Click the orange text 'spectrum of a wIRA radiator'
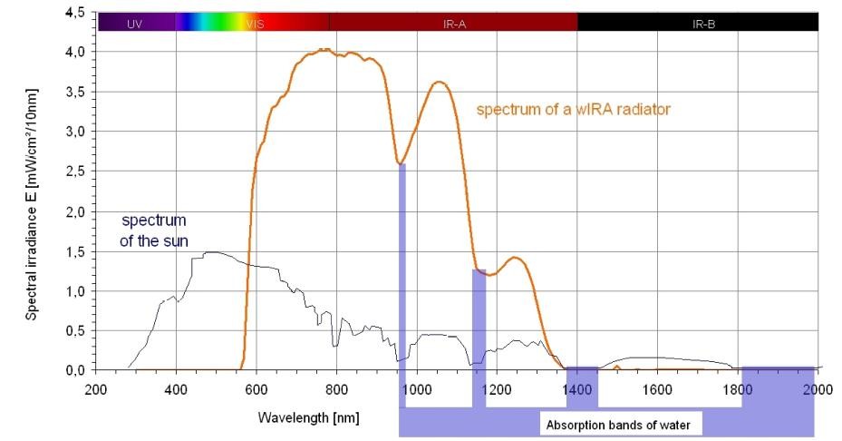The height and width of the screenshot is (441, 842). tap(574, 110)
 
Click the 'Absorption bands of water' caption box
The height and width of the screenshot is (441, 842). tap(618, 424)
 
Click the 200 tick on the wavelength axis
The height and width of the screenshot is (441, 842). tap(96, 389)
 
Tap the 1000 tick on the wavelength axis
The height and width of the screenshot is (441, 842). tap(417, 389)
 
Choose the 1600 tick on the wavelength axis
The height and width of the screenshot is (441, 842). tap(657, 389)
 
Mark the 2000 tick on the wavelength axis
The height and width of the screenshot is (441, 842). tap(818, 389)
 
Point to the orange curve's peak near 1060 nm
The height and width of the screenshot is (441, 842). tap(440, 83)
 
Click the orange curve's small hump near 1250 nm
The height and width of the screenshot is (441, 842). tap(516, 258)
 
